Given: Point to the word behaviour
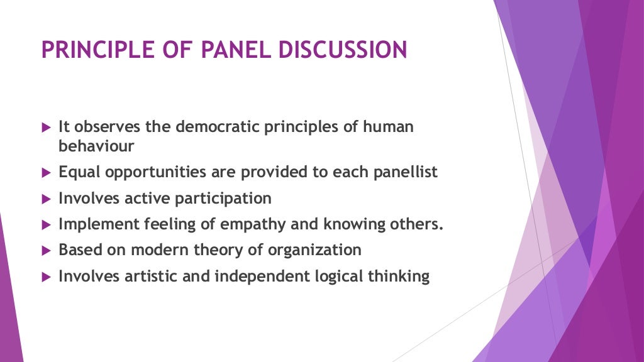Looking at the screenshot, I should (x=96, y=146).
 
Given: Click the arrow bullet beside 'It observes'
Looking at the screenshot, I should (x=45, y=127).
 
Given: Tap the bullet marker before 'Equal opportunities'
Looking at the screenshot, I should (x=45, y=173).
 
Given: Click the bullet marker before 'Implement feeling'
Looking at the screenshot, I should (x=45, y=225).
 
